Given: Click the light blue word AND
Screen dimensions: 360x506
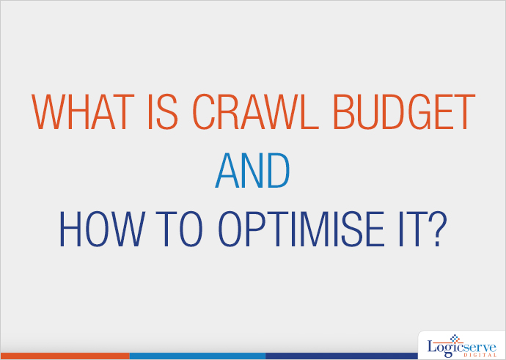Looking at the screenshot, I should (252, 174).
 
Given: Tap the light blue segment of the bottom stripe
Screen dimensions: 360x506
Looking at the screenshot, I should (197, 356).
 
